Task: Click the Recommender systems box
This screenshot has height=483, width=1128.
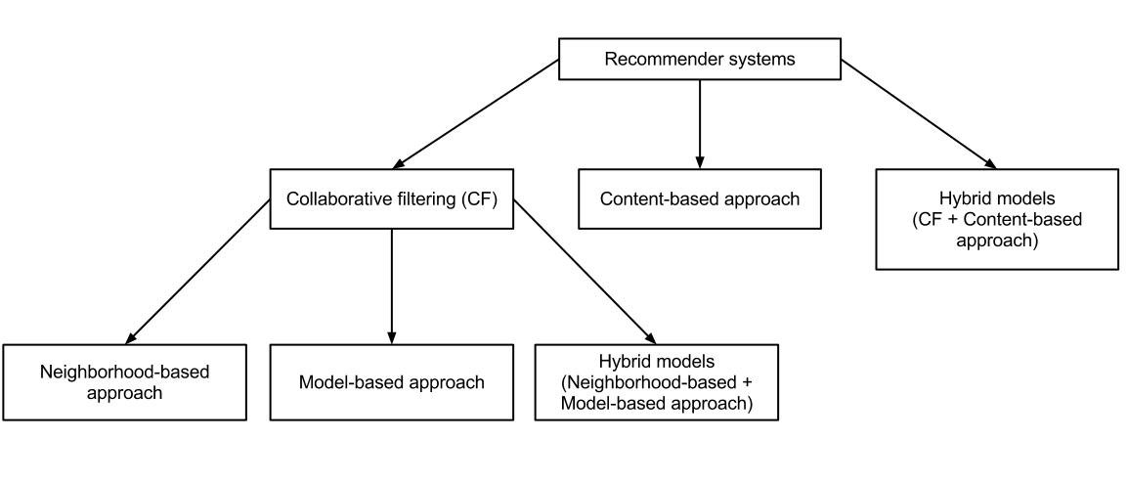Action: [699, 59]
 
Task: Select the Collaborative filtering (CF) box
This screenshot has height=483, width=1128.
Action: [391, 199]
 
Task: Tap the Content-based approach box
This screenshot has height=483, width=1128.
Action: [699, 199]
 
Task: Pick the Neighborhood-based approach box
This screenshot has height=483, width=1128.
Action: [124, 381]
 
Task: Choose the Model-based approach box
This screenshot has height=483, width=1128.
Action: [391, 381]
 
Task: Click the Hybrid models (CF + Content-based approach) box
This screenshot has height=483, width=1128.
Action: [997, 219]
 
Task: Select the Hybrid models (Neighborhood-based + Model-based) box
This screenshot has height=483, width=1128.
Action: [657, 381]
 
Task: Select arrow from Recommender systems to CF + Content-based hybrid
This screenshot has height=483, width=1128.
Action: [919, 114]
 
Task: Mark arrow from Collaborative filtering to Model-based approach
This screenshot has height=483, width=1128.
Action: [391, 284]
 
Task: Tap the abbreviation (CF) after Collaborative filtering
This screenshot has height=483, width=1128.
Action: [478, 199]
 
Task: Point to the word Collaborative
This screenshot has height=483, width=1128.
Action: [334, 199]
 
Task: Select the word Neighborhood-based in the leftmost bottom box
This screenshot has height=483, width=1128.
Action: [124, 372]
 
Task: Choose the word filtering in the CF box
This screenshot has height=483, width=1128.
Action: [419, 199]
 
